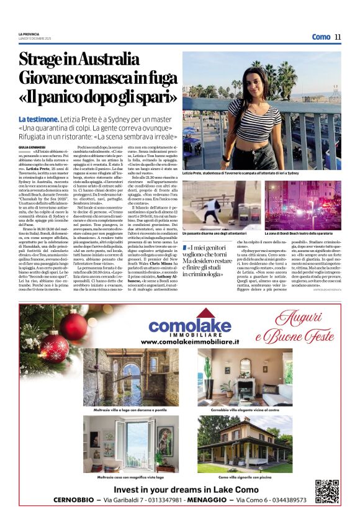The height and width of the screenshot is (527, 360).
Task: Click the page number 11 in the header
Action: [338, 37]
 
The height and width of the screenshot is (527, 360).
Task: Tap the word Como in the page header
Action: [321, 37]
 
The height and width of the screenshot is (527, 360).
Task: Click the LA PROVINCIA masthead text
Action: [30, 34]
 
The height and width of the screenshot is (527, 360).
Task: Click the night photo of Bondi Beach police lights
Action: [303, 205]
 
